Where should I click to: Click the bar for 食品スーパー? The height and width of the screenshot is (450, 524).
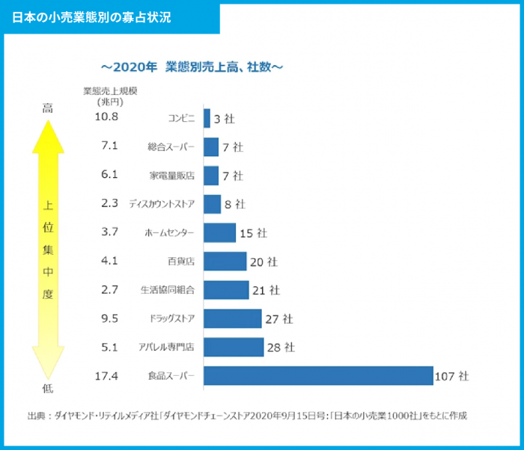[x=318, y=375]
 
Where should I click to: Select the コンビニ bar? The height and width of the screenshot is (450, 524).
[x=207, y=118]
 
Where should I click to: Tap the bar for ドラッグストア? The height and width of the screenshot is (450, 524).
[x=232, y=318]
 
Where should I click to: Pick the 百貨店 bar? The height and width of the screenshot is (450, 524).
[x=225, y=261]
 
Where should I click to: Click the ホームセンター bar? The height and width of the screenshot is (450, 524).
[x=219, y=232]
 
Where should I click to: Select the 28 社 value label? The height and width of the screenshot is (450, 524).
[x=280, y=348]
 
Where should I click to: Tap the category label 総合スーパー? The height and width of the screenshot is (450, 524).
[x=171, y=147]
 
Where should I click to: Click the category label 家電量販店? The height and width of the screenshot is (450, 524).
[x=172, y=176]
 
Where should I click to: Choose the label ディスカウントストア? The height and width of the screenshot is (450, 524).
[x=162, y=204]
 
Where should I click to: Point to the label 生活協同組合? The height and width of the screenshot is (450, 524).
[x=167, y=290]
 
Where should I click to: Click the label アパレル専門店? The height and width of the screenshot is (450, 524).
[x=166, y=348]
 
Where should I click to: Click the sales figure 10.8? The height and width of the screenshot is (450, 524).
[x=107, y=117]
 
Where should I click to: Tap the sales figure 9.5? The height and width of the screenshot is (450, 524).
[x=109, y=318]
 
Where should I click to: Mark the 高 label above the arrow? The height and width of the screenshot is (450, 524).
[x=47, y=109]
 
